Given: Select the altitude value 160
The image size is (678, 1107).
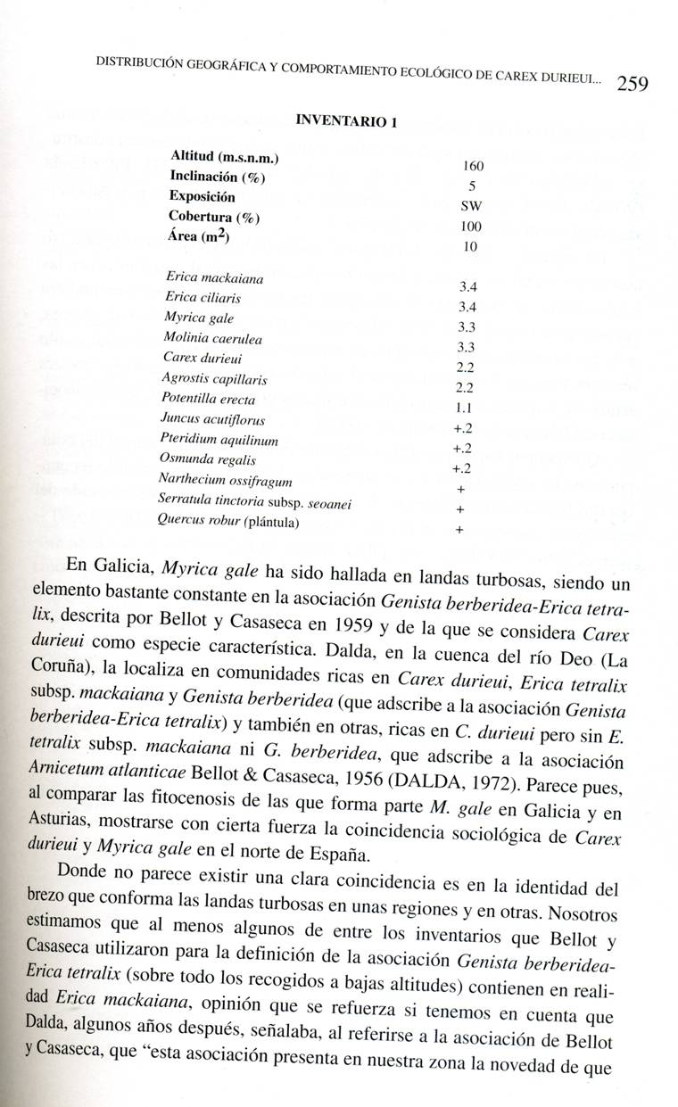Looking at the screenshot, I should click(x=473, y=167).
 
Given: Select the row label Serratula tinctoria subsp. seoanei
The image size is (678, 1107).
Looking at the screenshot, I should click(x=254, y=502).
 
